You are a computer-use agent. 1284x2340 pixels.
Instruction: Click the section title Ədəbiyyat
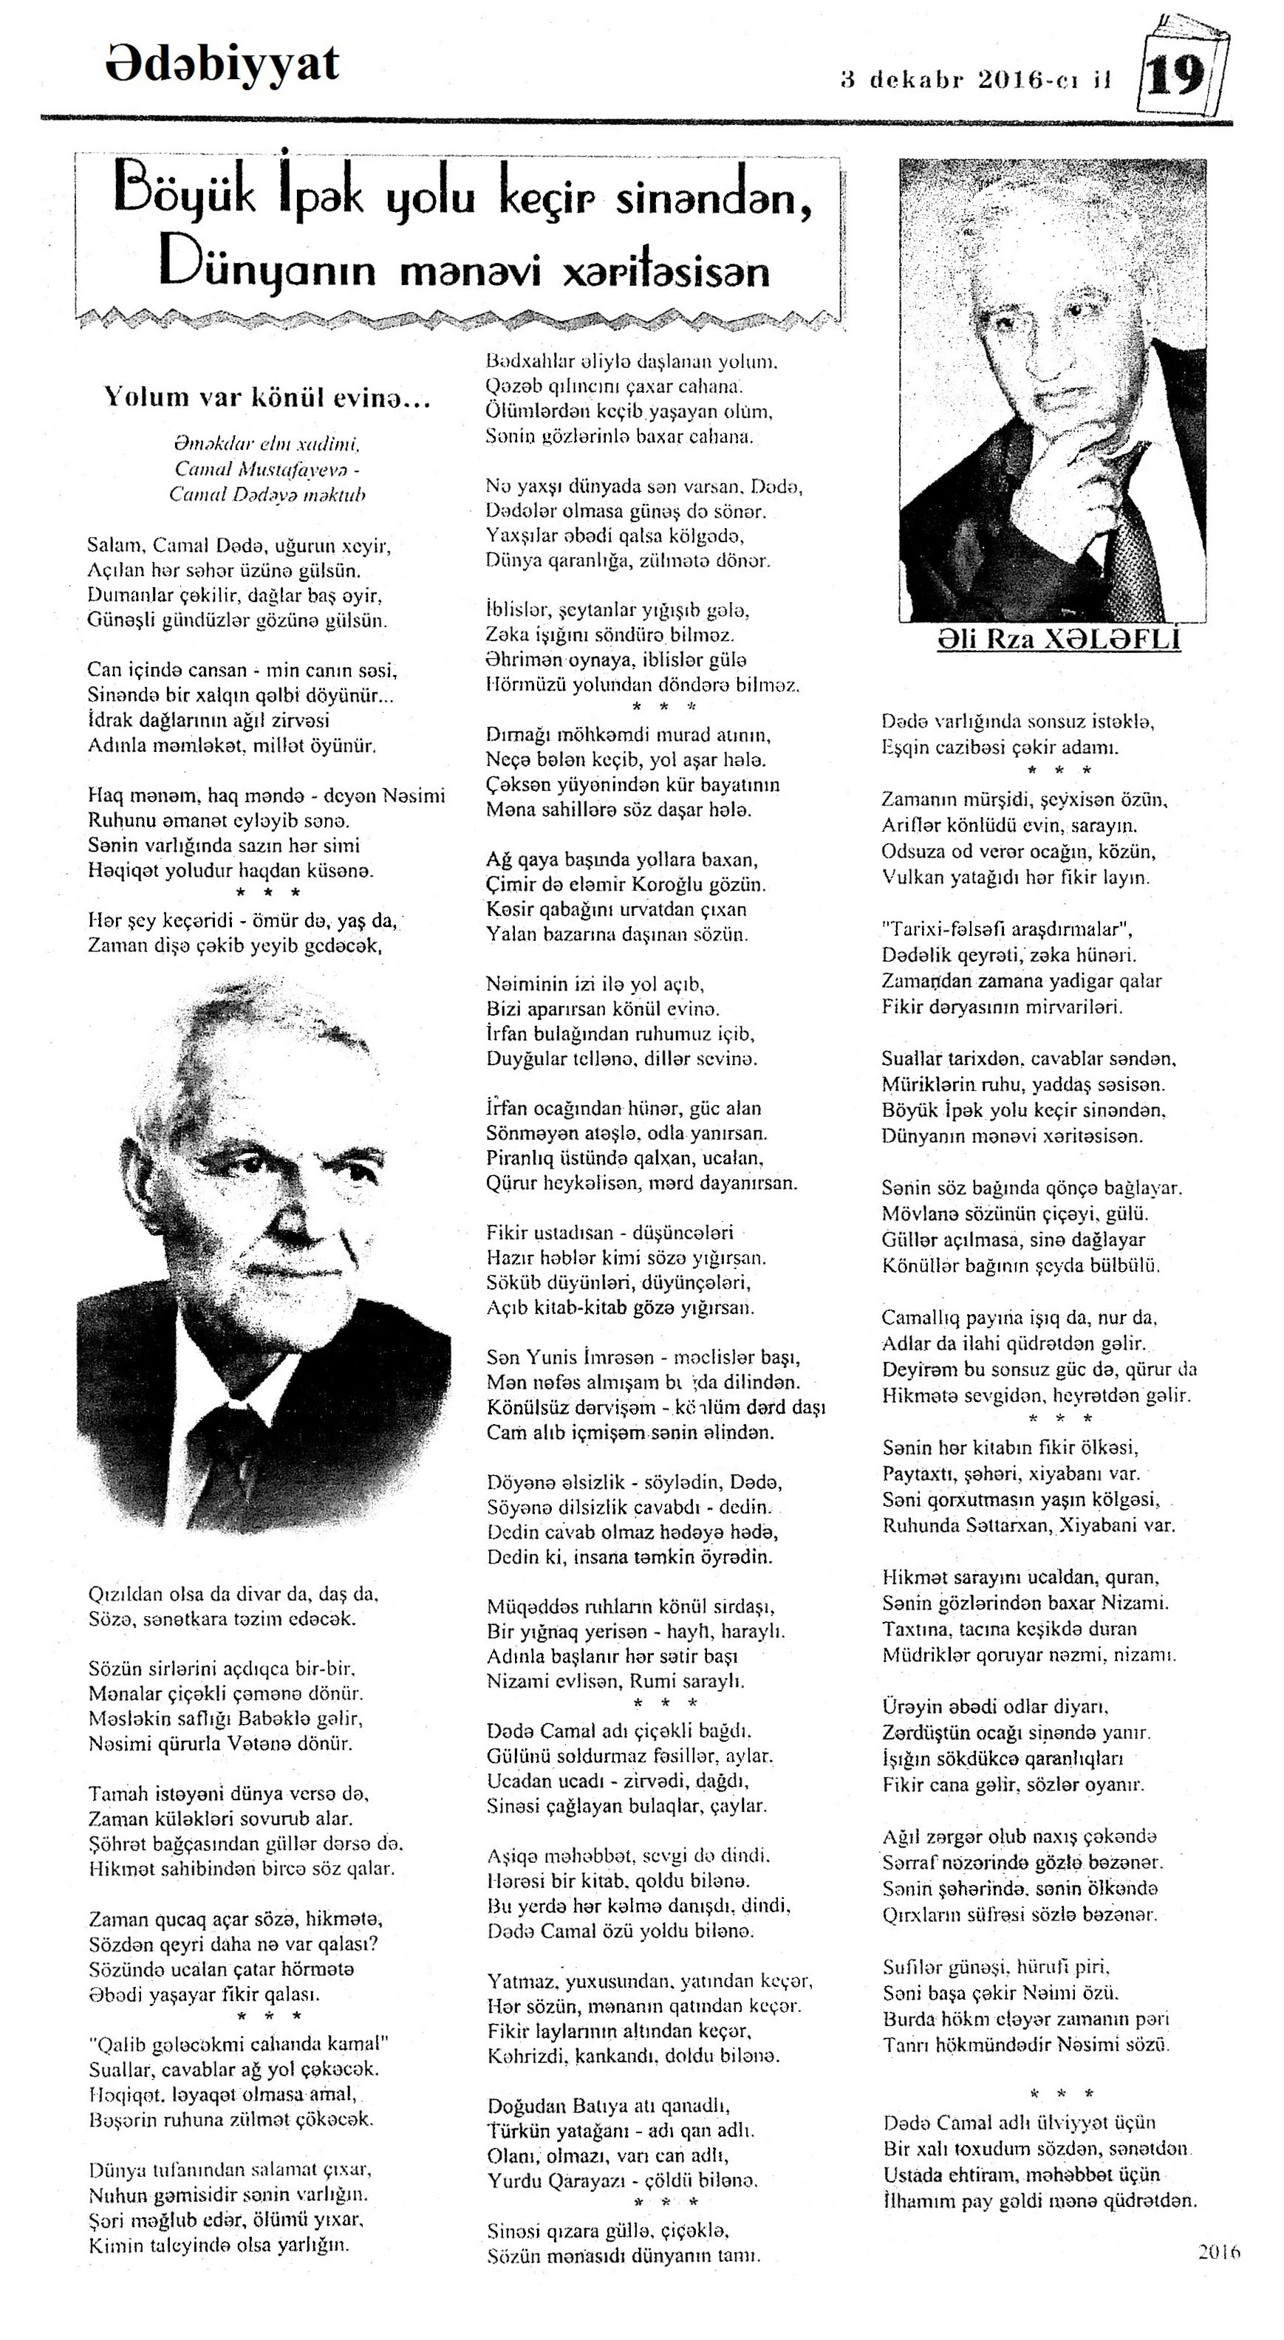click(222, 64)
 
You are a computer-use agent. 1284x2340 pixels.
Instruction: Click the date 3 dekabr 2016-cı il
click(976, 80)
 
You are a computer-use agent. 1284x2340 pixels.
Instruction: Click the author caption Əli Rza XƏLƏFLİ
click(1059, 640)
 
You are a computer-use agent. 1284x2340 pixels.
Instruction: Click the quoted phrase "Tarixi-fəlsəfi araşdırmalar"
click(1008, 929)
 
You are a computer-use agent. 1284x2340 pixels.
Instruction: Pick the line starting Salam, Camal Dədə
click(238, 546)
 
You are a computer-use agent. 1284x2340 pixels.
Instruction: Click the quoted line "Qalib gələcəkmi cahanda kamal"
click(238, 2044)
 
